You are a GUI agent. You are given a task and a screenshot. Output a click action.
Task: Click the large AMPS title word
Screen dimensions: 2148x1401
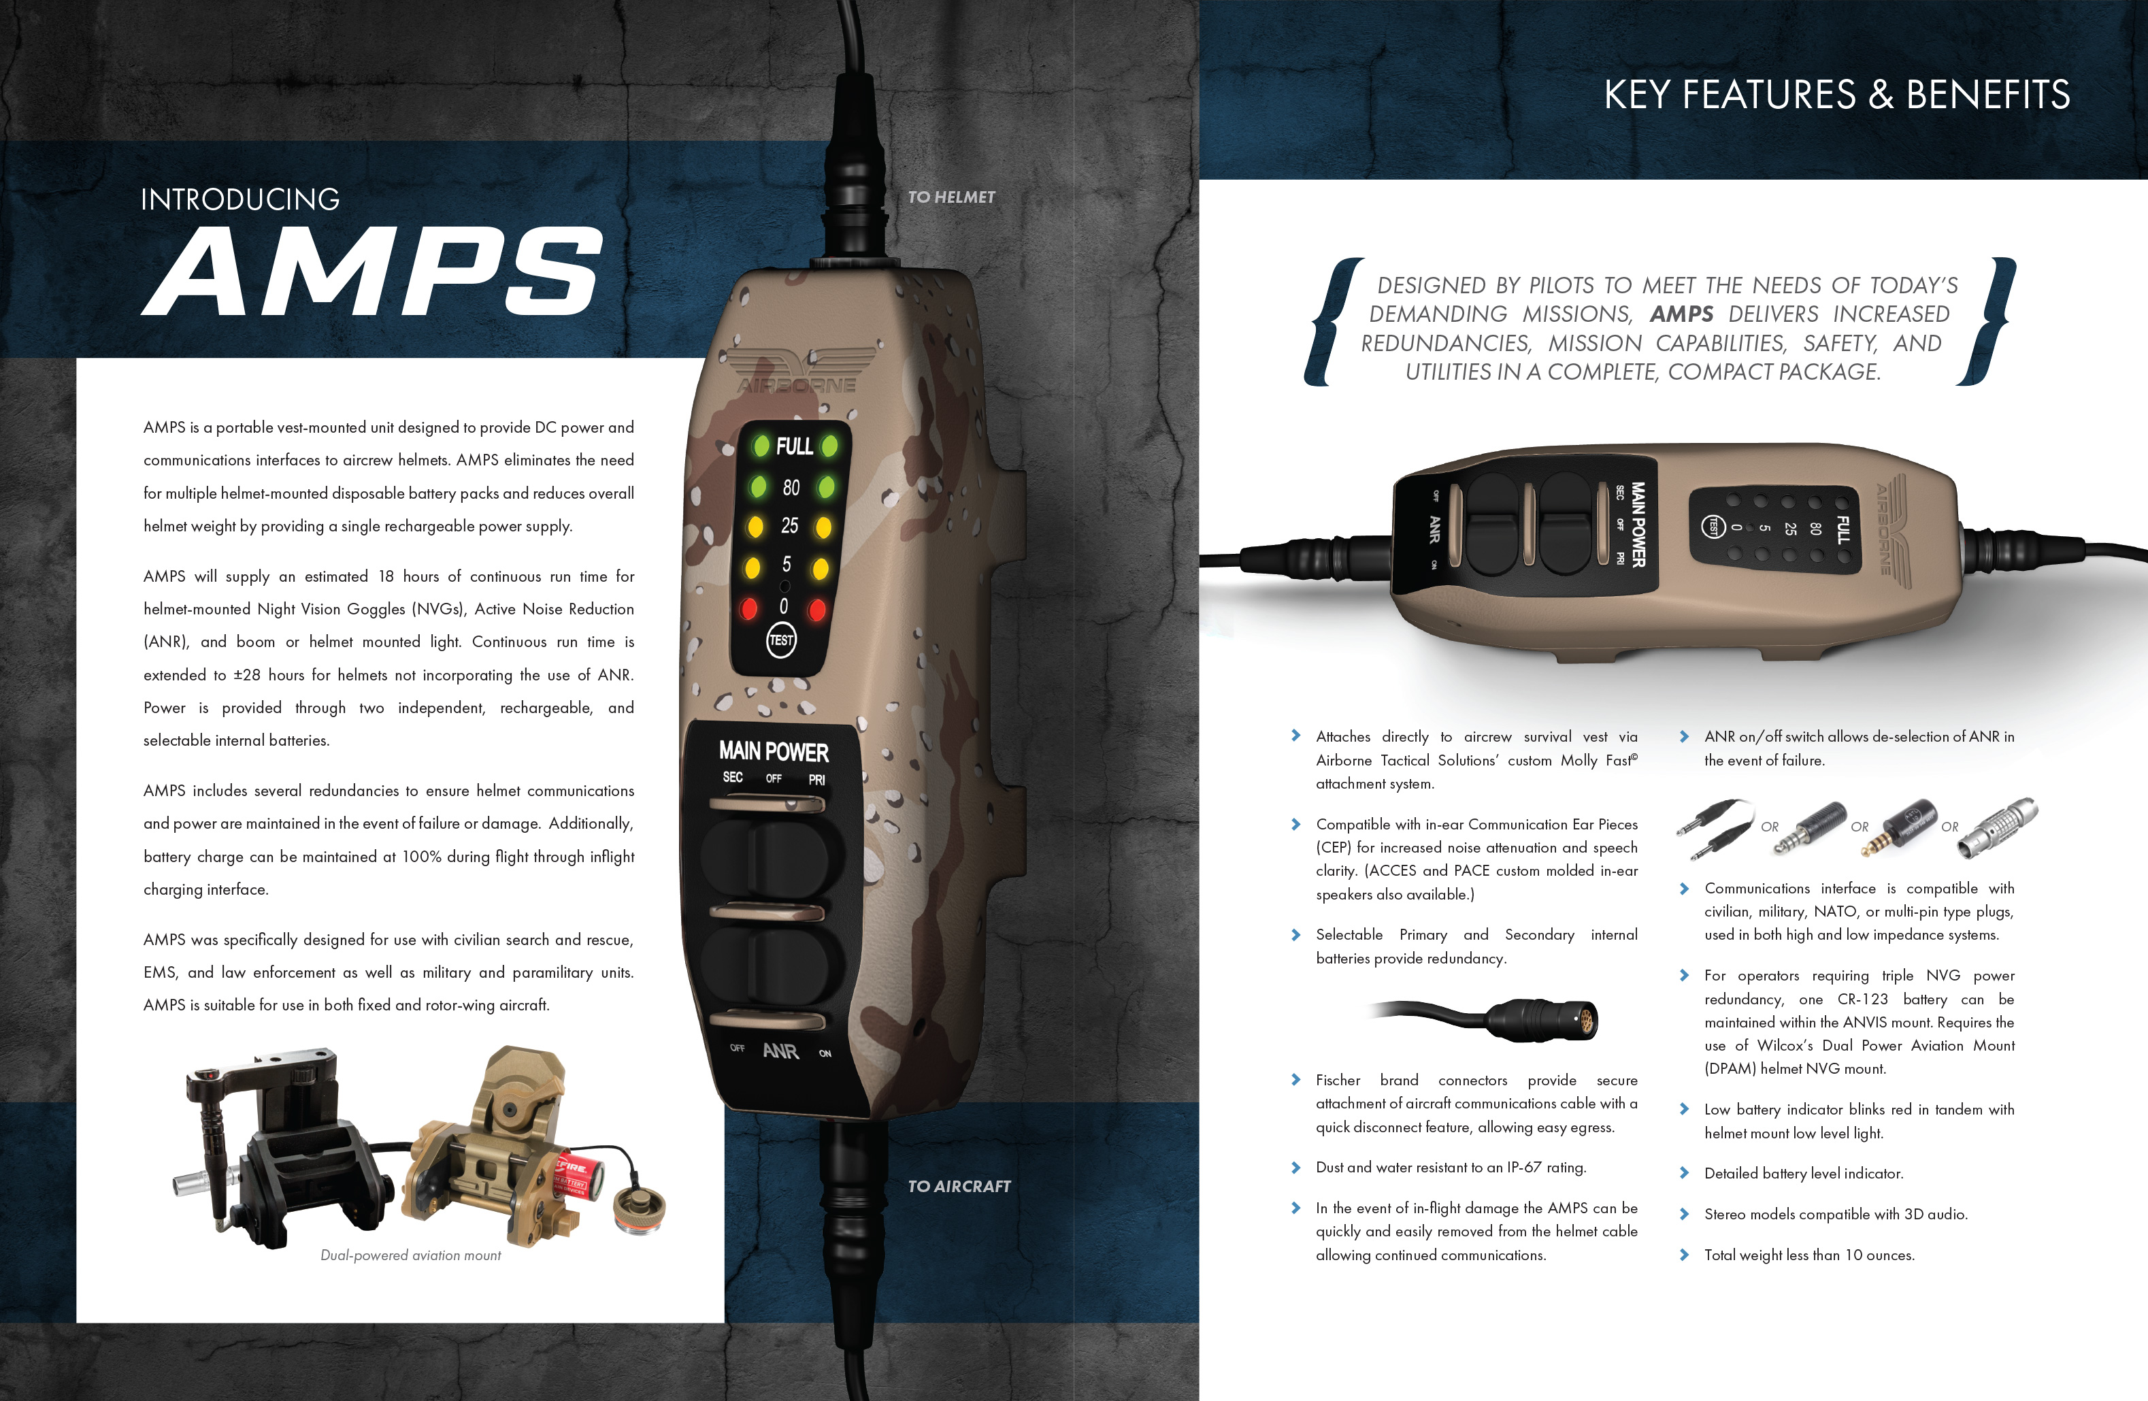click(x=372, y=271)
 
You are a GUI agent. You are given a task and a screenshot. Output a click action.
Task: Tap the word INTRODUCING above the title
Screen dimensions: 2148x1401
click(x=240, y=199)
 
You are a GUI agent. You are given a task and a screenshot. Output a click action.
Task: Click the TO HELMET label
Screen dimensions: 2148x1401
click(x=951, y=197)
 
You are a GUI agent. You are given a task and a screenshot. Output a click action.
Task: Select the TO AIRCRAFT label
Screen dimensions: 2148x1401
click(x=959, y=1186)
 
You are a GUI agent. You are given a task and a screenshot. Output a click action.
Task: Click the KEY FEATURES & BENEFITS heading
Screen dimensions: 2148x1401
click(x=1836, y=95)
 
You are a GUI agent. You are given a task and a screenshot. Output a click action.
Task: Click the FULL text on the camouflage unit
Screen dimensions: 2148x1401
click(x=794, y=446)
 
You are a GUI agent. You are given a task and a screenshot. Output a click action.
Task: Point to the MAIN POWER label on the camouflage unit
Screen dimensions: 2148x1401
click(x=774, y=751)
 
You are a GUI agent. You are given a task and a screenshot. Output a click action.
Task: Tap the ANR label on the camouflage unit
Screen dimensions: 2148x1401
click(x=780, y=1051)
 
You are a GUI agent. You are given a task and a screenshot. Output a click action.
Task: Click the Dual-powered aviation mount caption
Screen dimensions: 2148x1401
click(x=411, y=1255)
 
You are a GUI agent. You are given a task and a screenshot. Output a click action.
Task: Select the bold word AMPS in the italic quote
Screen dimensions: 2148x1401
click(x=1681, y=314)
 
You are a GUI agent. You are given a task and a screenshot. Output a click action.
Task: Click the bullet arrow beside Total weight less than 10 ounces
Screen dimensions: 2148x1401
click(x=1684, y=1254)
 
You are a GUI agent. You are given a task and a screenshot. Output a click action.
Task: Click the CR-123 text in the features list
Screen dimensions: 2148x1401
click(x=1862, y=1000)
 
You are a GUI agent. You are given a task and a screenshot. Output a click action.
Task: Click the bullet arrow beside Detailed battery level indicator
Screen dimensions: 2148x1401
click(x=1684, y=1172)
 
